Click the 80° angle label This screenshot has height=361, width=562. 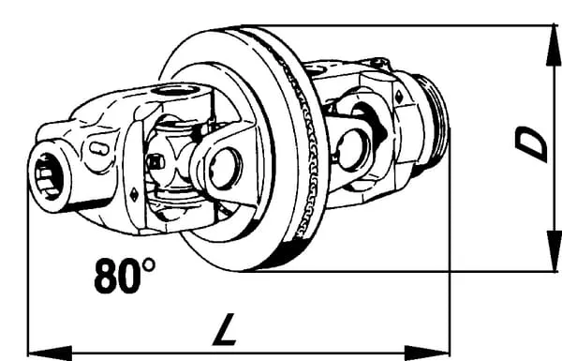(x=125, y=276)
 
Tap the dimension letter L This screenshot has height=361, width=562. (x=225, y=329)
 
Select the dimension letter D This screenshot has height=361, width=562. (x=531, y=143)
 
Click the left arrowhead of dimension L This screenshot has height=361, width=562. (x=51, y=353)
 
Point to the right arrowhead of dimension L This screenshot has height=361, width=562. (x=427, y=353)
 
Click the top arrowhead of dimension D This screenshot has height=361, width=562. (x=554, y=46)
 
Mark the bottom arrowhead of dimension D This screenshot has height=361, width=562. (x=554, y=251)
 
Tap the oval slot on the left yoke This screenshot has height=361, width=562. (x=98, y=148)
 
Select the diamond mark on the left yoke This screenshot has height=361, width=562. (x=134, y=195)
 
